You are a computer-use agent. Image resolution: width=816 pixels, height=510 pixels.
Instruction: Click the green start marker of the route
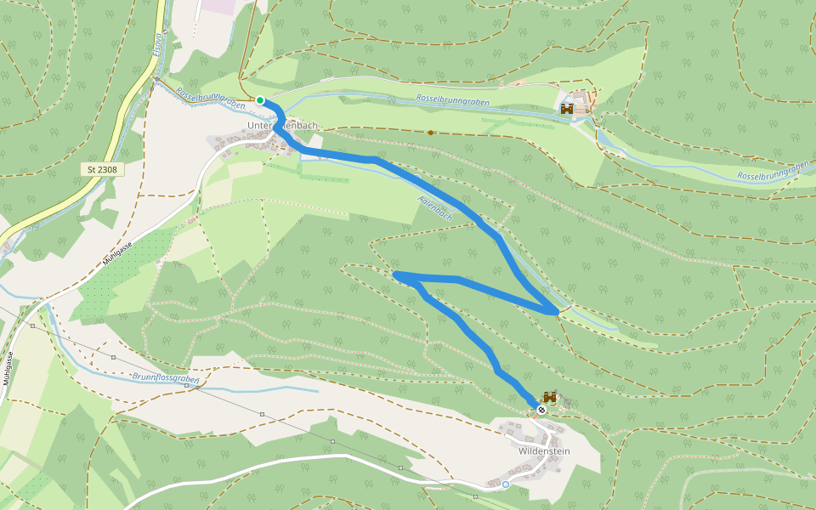tap(260, 100)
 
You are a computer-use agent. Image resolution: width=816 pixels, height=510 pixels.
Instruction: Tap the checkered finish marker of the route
tap(541, 410)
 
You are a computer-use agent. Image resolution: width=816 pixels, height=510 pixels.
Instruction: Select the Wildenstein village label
tap(544, 451)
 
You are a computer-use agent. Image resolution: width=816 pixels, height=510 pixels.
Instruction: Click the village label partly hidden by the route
tap(281, 126)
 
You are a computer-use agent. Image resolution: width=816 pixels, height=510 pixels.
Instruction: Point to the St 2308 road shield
tap(102, 170)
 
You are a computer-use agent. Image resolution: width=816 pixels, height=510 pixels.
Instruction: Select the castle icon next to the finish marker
tap(550, 397)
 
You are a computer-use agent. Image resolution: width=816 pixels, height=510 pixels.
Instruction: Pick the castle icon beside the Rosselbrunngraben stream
tap(567, 109)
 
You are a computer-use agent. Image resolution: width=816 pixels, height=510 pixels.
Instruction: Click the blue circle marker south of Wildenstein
tap(506, 484)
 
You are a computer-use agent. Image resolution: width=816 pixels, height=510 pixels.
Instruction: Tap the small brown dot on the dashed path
tap(431, 133)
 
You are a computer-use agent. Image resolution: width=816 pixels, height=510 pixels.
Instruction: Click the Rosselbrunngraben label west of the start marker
tap(210, 99)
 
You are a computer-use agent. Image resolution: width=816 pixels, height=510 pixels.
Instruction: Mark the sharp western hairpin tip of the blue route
tap(396, 275)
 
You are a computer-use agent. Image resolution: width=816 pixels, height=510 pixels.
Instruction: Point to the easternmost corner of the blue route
tap(558, 312)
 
